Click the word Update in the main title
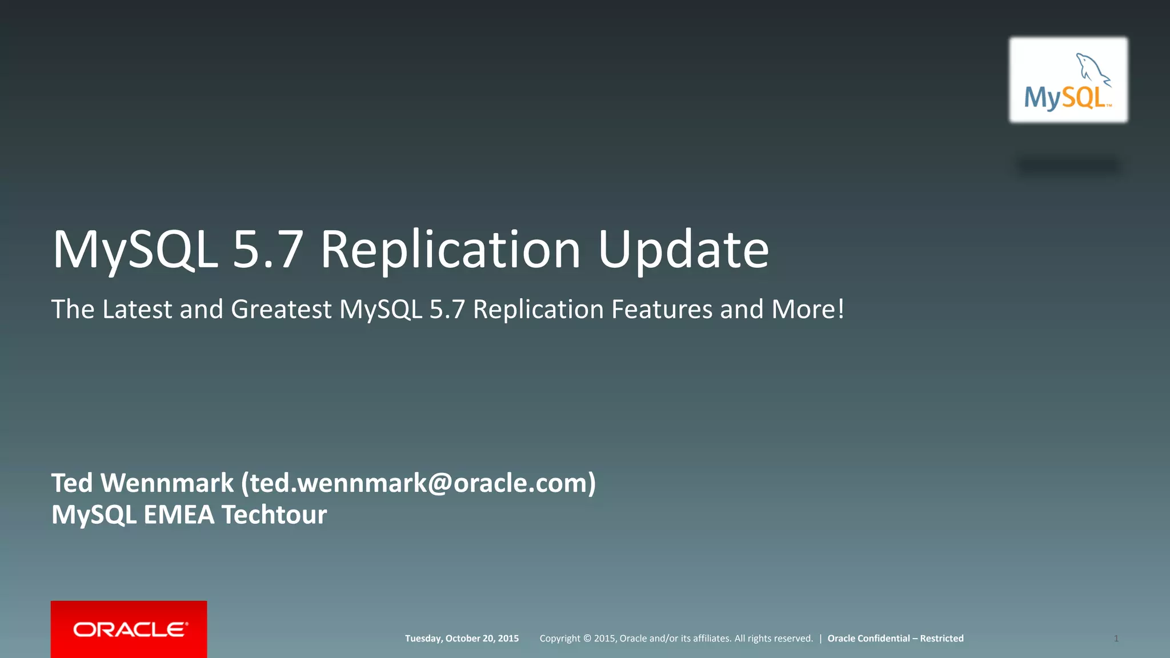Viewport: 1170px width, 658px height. (683, 250)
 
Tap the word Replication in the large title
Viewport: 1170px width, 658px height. (450, 250)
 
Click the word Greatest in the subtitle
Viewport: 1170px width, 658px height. (281, 310)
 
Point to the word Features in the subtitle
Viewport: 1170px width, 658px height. (662, 310)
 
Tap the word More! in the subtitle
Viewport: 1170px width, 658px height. (808, 310)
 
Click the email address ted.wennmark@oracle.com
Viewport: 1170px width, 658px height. (418, 483)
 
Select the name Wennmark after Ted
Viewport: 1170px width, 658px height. (167, 483)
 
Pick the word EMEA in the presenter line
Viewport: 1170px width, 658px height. (179, 515)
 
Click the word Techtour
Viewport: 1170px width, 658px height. (274, 515)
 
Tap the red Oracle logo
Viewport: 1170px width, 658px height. (129, 629)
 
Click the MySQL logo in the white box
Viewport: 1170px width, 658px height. (1068, 80)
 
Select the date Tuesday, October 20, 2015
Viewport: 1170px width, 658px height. (462, 639)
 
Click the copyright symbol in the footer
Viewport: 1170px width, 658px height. (587, 639)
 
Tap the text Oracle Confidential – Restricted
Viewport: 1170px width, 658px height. (895, 639)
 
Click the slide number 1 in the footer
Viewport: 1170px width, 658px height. (1116, 639)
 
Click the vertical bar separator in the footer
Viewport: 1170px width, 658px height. (820, 639)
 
